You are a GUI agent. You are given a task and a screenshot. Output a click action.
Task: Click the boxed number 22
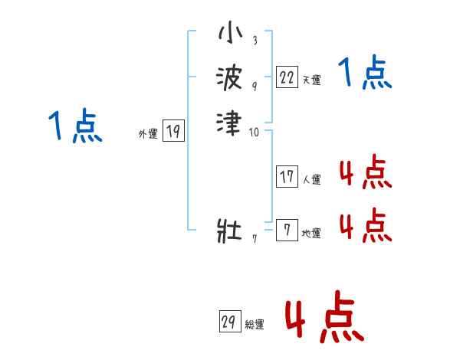tap(287, 77)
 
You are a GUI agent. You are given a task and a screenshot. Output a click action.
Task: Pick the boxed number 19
tap(173, 132)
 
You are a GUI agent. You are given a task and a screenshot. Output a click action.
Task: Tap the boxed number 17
tap(287, 177)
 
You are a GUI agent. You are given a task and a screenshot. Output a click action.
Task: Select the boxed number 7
tap(287, 231)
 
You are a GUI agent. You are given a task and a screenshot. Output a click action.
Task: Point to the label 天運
tap(312, 80)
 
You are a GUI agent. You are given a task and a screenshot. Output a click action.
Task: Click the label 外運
tap(148, 134)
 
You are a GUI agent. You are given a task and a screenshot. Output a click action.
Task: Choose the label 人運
tap(312, 180)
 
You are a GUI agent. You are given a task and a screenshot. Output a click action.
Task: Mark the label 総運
tap(254, 325)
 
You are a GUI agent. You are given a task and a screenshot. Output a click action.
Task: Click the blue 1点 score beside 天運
tap(365, 74)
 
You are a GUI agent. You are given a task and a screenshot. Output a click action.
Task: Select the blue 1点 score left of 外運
tap(75, 126)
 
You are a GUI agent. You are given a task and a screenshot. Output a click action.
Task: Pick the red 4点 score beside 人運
tap(365, 173)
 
